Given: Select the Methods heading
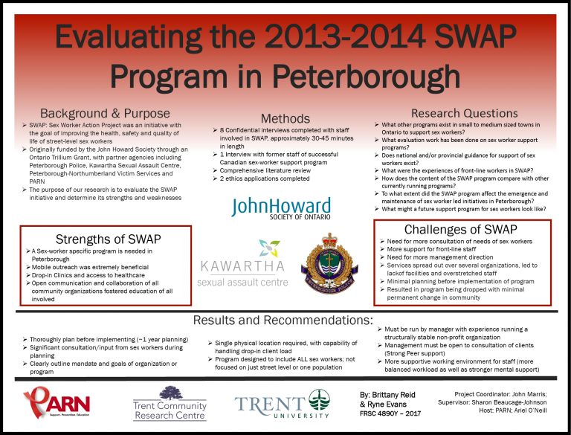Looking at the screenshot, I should (285, 118).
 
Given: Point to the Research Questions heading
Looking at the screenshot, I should (464, 113).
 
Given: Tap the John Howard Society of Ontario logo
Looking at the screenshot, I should (280, 210).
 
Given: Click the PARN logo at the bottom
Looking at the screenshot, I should (57, 404).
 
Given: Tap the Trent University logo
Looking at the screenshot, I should (282, 404).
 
